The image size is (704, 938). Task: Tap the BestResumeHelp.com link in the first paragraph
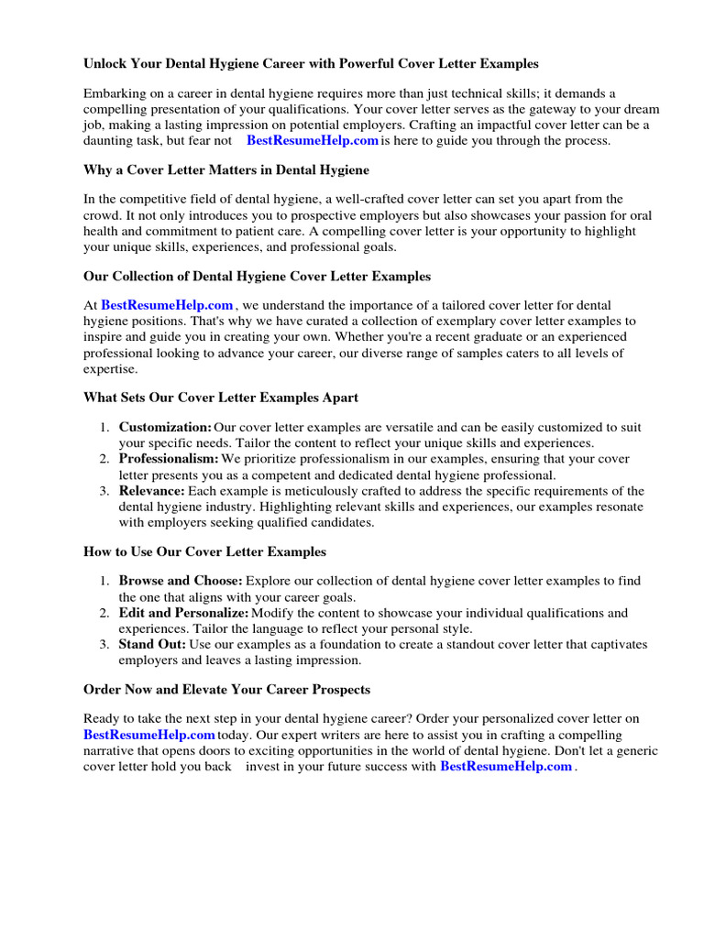click(312, 141)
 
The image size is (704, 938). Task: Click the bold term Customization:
click(165, 428)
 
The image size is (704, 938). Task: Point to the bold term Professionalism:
click(169, 459)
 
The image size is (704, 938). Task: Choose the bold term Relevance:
click(151, 491)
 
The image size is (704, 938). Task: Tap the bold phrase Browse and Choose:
click(181, 581)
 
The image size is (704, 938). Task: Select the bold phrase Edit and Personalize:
click(183, 613)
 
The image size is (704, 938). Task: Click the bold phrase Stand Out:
click(151, 645)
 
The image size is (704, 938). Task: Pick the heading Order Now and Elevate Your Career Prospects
click(226, 689)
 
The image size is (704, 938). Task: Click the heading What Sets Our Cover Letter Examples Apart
click(220, 398)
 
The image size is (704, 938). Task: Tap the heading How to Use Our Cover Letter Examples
click(204, 551)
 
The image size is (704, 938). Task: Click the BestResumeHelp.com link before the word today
click(148, 736)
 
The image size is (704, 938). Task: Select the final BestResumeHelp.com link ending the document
click(506, 767)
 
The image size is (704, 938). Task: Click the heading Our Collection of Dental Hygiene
click(257, 276)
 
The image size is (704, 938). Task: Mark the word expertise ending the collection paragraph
click(110, 369)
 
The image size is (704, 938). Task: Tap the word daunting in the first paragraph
click(109, 141)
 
